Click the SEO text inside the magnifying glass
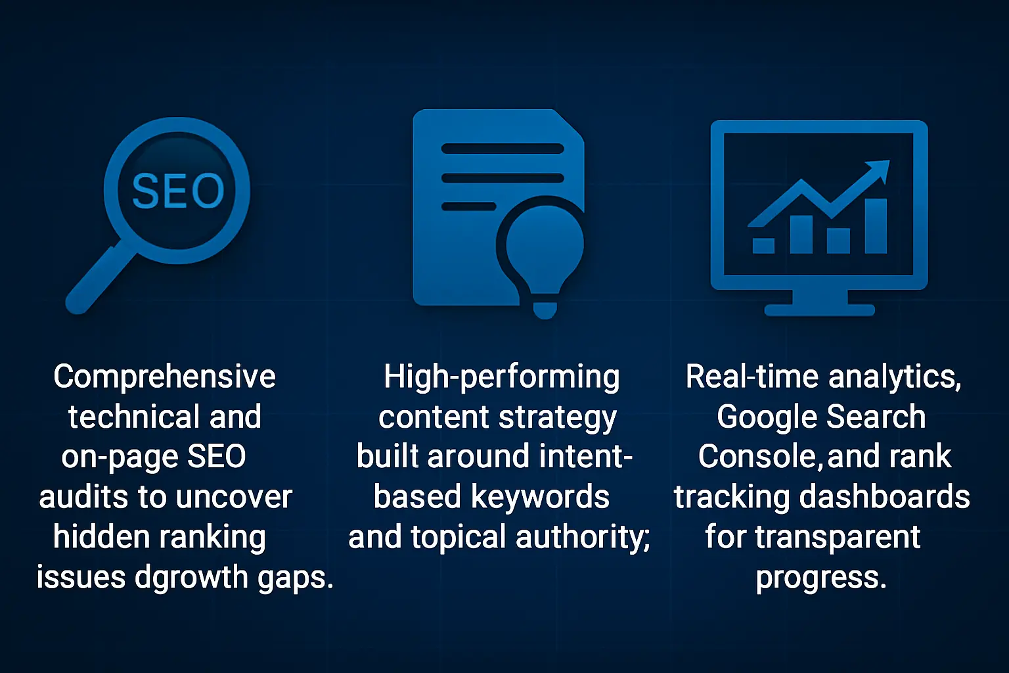[178, 191]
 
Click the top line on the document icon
[503, 149]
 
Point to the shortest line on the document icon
[468, 206]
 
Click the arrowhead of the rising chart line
[878, 172]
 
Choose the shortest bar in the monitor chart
[763, 246]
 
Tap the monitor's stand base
[819, 310]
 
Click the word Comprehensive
[164, 377]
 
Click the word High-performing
[501, 377]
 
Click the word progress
[820, 578]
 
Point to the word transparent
[838, 538]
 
